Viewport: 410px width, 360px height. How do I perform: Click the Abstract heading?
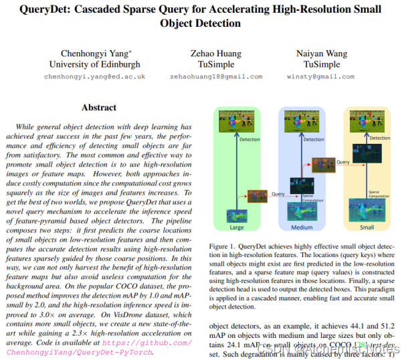(99, 107)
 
